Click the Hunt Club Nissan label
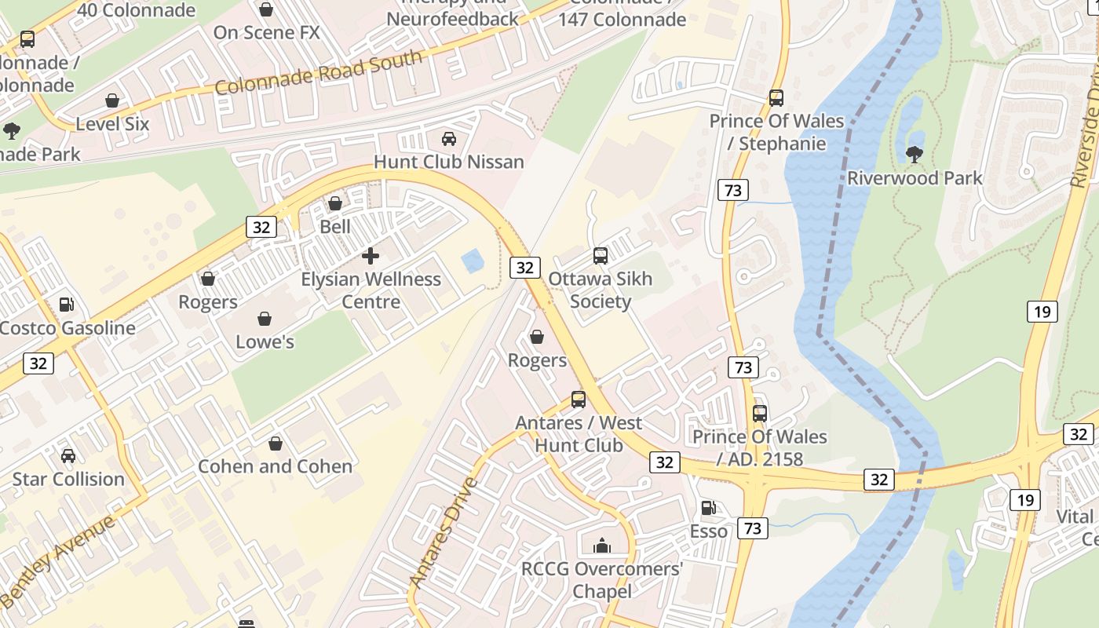click(x=448, y=162)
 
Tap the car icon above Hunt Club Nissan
click(x=449, y=139)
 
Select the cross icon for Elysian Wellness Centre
click(x=371, y=256)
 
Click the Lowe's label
click(x=265, y=341)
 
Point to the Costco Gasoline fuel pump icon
click(x=67, y=305)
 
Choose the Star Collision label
click(x=68, y=479)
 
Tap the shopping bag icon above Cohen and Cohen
click(x=275, y=444)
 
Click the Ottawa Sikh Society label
click(x=600, y=290)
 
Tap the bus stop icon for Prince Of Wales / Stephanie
click(x=776, y=98)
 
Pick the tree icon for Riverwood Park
click(x=914, y=155)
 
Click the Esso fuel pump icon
click(x=708, y=508)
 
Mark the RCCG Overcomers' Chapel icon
click(x=601, y=546)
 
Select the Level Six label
click(x=112, y=124)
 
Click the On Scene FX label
click(x=267, y=32)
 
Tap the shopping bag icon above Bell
click(x=335, y=203)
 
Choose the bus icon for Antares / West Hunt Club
click(x=579, y=400)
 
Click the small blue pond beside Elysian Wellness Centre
click(x=473, y=261)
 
